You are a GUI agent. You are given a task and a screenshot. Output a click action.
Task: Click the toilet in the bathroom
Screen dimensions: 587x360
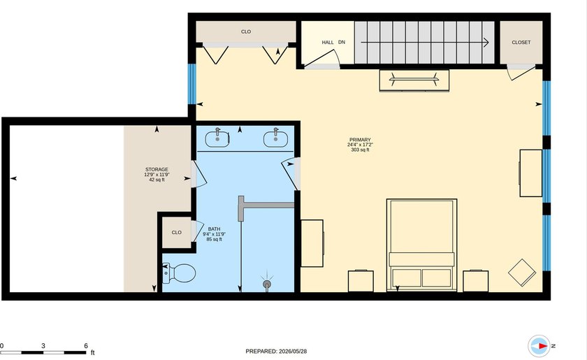tap(179, 273)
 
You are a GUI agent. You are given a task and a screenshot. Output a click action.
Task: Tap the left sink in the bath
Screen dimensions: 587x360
tap(217, 138)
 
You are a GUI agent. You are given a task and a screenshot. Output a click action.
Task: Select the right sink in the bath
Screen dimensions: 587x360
tap(275, 138)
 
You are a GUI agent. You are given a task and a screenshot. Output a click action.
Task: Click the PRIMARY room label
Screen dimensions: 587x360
tap(360, 140)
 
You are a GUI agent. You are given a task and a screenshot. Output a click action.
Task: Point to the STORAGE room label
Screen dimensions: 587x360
tap(157, 169)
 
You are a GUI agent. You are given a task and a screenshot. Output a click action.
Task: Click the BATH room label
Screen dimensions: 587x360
tap(214, 229)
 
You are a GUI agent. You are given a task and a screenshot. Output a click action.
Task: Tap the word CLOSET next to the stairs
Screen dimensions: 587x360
tap(521, 43)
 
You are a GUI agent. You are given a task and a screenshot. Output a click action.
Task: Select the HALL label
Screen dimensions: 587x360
tap(328, 43)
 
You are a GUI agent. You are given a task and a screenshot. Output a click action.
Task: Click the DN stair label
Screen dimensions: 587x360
tap(342, 43)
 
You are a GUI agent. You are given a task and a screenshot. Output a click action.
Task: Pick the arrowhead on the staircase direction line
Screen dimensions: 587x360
tap(486, 43)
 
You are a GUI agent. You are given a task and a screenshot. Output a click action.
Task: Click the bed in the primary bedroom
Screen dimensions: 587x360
tap(421, 245)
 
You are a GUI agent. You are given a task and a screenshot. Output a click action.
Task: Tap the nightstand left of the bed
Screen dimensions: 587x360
tap(361, 281)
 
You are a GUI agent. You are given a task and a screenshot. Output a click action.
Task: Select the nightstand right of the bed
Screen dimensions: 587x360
tap(475, 281)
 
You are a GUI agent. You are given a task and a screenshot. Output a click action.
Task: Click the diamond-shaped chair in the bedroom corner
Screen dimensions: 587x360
tap(522, 273)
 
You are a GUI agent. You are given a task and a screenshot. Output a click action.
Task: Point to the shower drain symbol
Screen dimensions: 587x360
tap(266, 283)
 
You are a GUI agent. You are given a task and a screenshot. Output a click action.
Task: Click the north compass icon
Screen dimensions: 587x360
tap(539, 346)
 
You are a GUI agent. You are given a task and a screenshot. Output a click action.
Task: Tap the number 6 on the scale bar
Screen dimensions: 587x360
tap(86, 346)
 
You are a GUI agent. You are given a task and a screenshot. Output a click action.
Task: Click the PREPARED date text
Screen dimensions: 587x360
tap(276, 352)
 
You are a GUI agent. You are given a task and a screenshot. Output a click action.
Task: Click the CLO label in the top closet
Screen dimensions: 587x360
tap(246, 32)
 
